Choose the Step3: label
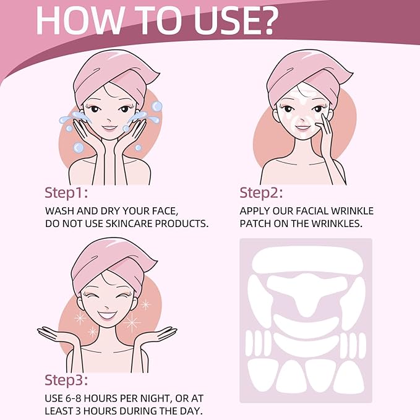point(70,380)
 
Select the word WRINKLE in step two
point(349,210)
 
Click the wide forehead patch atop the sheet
point(306,260)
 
